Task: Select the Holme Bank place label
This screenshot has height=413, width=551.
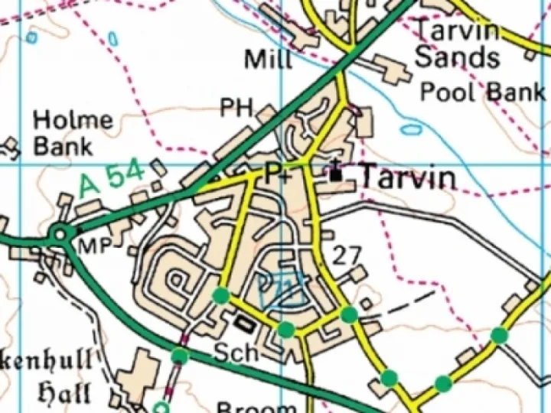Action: (73, 133)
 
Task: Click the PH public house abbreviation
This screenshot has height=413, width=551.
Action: (236, 108)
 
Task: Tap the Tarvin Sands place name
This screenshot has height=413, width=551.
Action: (458, 44)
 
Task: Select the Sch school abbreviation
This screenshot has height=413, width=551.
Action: (232, 354)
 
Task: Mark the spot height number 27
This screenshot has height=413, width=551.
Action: (346, 255)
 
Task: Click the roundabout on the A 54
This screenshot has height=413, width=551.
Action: (60, 234)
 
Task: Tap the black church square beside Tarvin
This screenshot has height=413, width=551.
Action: (336, 175)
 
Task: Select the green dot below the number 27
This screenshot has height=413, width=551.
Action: (348, 314)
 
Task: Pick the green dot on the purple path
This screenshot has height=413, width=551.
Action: (180, 356)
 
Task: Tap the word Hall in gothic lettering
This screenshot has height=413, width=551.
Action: (65, 394)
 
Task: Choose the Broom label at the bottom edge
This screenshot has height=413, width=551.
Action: (256, 407)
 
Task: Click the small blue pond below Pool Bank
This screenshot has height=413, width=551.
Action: (411, 129)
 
